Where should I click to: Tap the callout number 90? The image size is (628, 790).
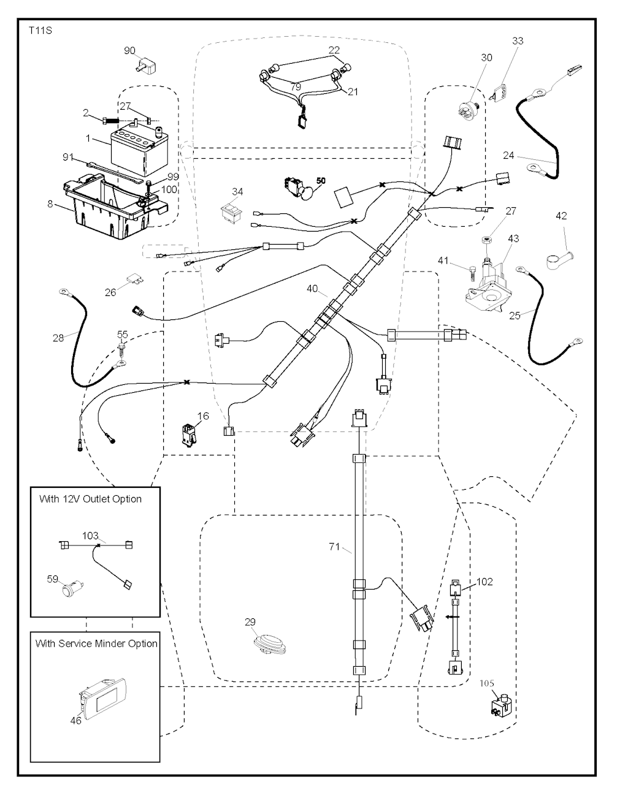129,50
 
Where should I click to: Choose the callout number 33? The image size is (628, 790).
518,41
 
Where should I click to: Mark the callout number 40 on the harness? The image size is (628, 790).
313,289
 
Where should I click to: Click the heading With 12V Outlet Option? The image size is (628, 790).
90,499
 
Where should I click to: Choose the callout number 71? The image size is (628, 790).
334,547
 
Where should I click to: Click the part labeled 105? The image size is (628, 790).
500,705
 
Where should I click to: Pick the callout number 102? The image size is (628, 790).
484,582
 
